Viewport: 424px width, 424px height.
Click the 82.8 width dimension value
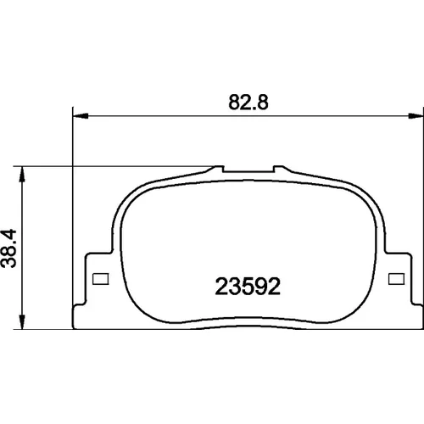[248, 102]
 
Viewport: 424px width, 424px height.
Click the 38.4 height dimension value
[8, 248]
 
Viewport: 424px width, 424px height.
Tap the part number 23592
[248, 287]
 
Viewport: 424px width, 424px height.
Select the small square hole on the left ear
[101, 279]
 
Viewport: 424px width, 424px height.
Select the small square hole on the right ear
[396, 279]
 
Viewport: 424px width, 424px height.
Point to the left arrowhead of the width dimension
[81, 115]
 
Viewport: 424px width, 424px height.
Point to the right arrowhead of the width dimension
[416, 115]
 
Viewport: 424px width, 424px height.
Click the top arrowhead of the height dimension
[22, 174]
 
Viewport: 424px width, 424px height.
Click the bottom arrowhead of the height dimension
[22, 321]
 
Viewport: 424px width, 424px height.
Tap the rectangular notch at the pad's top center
[248, 169]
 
